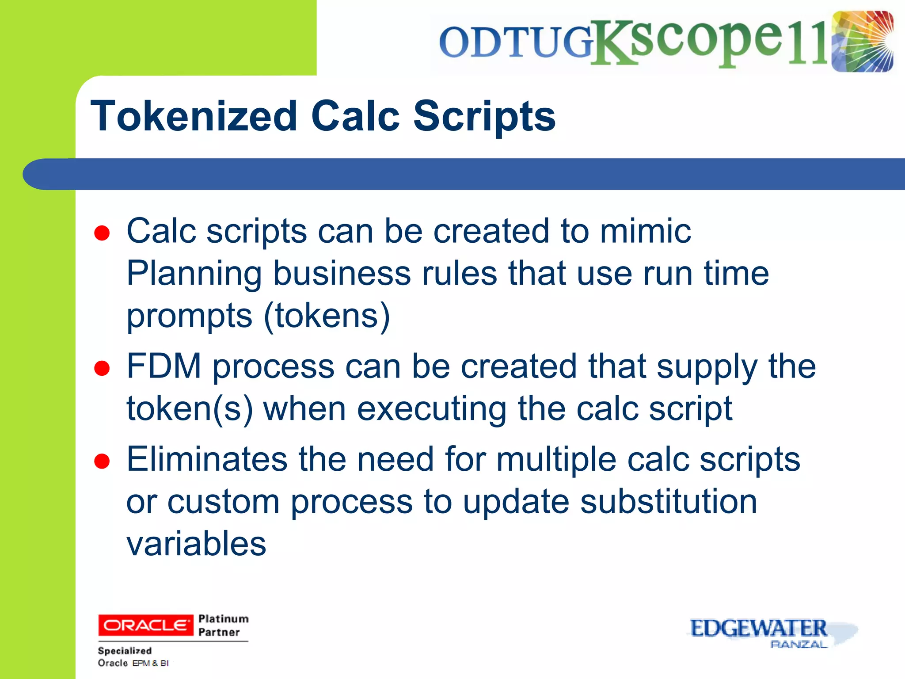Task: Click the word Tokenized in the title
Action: click(x=193, y=116)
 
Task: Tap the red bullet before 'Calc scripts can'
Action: click(x=102, y=233)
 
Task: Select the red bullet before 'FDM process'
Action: click(x=102, y=368)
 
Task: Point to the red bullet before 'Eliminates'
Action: click(x=102, y=461)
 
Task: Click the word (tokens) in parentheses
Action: click(x=327, y=316)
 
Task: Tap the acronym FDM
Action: click(x=164, y=366)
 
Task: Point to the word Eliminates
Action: click(x=207, y=459)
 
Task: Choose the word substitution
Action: click(x=669, y=502)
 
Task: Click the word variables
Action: click(x=196, y=544)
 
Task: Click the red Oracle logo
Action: click(x=145, y=625)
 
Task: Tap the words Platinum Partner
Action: click(x=223, y=625)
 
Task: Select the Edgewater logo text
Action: click(x=758, y=628)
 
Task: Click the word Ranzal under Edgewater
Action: click(x=799, y=645)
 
